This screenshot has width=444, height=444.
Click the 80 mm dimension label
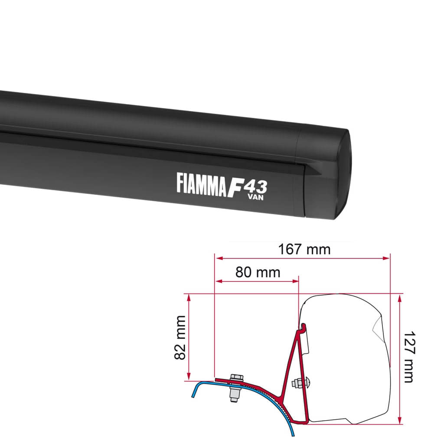[258, 272]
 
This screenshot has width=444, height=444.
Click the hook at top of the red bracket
[303, 326]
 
